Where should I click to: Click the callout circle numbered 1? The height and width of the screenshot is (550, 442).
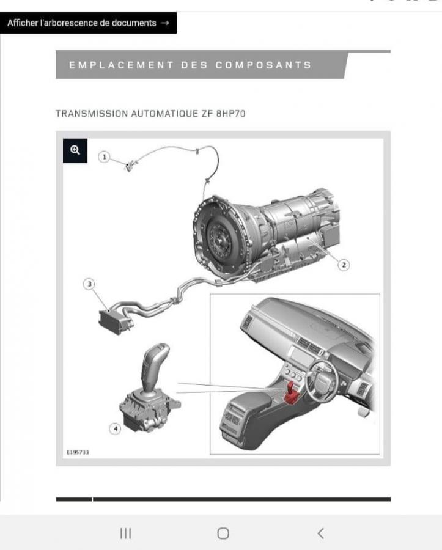pos(104,157)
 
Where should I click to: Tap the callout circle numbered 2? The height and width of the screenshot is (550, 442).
pos(344,265)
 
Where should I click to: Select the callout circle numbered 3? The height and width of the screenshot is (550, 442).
pos(89,284)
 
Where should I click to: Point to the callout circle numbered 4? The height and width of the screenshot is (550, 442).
pos(115,428)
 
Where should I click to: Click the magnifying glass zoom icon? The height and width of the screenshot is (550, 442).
pos(75,150)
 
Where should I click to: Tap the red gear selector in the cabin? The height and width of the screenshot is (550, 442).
pos(291,393)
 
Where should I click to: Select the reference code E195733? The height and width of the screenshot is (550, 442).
pos(78,452)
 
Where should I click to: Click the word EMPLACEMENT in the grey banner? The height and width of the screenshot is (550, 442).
pos(122,65)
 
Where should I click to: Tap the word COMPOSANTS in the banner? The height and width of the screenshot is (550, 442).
pos(263,65)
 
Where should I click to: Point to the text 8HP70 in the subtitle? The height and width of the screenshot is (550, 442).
pos(231,114)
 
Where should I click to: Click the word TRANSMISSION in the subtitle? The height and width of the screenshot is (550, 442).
pos(92,114)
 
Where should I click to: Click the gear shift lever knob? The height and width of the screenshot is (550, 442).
pos(155,365)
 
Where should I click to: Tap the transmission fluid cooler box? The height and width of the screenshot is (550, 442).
pos(113,321)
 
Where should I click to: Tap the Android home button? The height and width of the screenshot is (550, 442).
pos(223,533)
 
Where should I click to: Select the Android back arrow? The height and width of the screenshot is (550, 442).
pos(320,533)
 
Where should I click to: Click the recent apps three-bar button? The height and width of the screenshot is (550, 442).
pos(125,533)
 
